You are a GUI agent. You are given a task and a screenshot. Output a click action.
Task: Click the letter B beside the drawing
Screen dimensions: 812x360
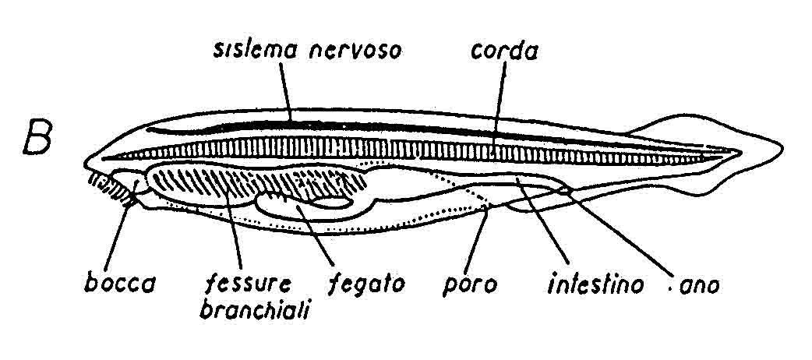(37, 139)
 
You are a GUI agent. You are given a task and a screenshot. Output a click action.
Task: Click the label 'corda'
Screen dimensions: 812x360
(504, 51)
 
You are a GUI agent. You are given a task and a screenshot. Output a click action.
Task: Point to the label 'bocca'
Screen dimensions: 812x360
(120, 284)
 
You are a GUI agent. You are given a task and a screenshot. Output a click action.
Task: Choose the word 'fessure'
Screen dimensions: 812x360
(249, 284)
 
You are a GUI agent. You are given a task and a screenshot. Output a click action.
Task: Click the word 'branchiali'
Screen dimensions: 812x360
(254, 309)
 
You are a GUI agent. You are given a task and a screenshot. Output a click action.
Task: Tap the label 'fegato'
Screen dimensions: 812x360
(366, 285)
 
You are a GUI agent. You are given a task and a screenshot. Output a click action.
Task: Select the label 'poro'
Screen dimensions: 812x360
(470, 285)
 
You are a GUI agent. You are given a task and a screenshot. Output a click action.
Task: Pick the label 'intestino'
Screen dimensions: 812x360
(595, 284)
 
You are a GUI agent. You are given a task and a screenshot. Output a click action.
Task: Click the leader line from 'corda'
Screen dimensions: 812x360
(498, 106)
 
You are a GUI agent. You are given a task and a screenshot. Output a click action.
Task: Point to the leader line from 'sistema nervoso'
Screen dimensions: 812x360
(286, 92)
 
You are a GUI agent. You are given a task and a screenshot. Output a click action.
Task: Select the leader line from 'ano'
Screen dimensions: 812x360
(622, 234)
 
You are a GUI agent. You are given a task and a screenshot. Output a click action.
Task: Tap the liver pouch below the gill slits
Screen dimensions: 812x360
(311, 205)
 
